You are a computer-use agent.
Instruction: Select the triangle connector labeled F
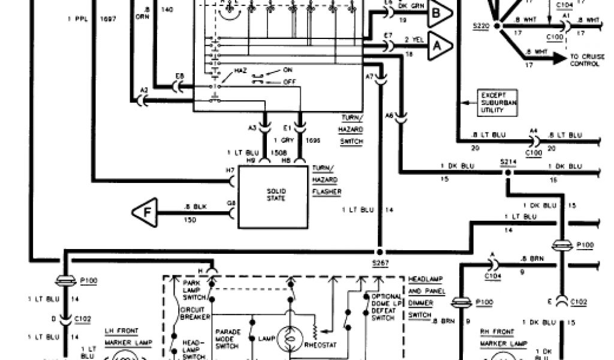(x=145, y=212)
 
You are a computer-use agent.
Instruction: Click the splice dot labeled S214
(x=508, y=173)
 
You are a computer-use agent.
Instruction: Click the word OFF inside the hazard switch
(x=288, y=81)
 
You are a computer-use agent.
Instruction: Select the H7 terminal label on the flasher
(x=230, y=170)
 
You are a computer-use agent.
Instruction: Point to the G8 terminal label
(x=231, y=203)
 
